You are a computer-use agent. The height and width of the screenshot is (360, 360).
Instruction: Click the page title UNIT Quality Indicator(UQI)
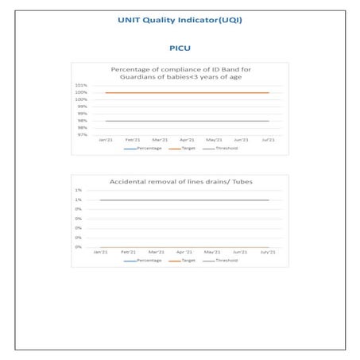pyautogui.click(x=180, y=20)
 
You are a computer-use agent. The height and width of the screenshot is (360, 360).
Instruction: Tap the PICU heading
pyautogui.click(x=180, y=48)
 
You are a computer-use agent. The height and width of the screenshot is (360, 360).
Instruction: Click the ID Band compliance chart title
pyautogui.click(x=180, y=72)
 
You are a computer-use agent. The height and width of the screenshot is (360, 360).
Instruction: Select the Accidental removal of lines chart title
pyautogui.click(x=180, y=182)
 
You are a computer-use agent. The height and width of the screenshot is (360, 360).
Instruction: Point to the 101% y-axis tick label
pyautogui.click(x=81, y=85)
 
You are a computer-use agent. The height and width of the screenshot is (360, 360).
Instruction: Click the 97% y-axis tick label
pyautogui.click(x=82, y=134)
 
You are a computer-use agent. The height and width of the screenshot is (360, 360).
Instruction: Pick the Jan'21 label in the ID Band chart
pyautogui.click(x=104, y=140)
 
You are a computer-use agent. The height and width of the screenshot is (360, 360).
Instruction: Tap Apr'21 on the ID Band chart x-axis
pyautogui.click(x=187, y=140)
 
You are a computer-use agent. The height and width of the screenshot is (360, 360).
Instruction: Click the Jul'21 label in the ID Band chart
pyautogui.click(x=269, y=140)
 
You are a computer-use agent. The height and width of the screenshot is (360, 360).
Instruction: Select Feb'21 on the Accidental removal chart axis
pyautogui.click(x=129, y=252)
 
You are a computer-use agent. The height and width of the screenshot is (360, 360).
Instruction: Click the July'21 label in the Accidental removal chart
pyautogui.click(x=268, y=252)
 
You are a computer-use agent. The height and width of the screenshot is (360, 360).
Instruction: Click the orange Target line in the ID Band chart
pyautogui.click(x=187, y=93)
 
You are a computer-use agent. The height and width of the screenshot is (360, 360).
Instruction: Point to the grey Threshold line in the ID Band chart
pyautogui.click(x=187, y=121)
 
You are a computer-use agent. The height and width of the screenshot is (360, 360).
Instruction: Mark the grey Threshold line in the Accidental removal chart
pyautogui.click(x=187, y=200)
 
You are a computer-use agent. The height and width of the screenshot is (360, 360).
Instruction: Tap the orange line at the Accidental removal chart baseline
pyautogui.click(x=187, y=246)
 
